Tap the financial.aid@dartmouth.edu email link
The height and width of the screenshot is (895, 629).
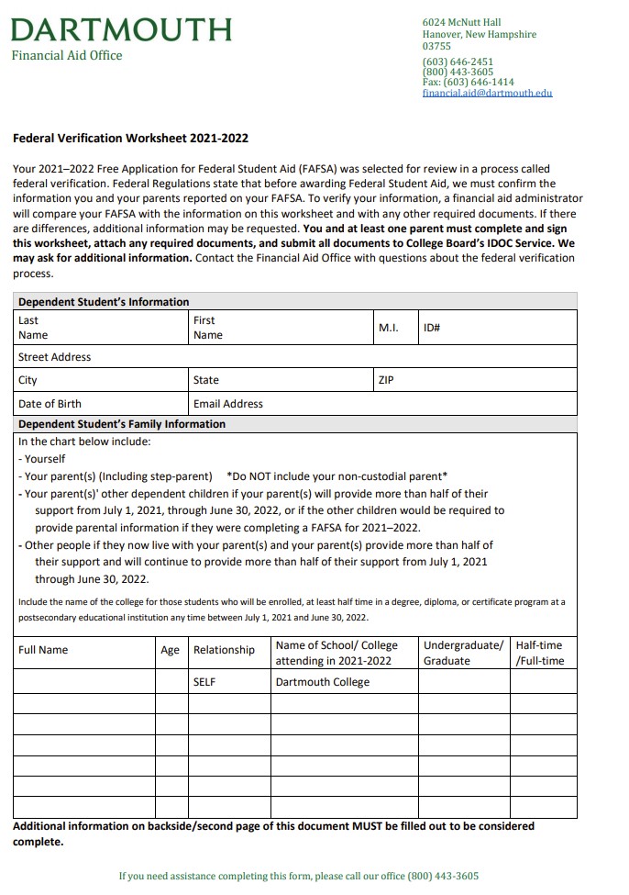tap(487, 93)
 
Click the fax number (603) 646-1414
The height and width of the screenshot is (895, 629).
tap(468, 82)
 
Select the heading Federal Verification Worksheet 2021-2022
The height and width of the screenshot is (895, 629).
tap(130, 139)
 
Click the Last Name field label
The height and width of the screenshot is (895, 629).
tap(32, 328)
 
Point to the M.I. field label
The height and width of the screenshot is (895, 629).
tap(388, 328)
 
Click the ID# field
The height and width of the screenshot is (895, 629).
tap(498, 328)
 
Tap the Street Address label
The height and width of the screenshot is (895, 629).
tap(55, 357)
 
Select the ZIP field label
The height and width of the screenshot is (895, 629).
tap(386, 380)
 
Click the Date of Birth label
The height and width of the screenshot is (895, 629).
tap(50, 404)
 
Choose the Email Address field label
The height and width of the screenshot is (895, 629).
tap(228, 404)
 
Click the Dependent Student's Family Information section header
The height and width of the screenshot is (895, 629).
tap(122, 424)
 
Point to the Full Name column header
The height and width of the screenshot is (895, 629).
tap(43, 650)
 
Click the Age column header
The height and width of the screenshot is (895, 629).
tap(171, 650)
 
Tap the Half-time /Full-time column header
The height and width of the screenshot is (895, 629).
tap(540, 653)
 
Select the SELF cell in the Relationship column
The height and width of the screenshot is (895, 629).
tap(204, 682)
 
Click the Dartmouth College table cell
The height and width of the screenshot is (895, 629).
tap(323, 682)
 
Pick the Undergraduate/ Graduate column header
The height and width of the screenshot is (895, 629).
tap(463, 653)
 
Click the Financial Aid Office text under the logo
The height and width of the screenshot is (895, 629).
tap(67, 55)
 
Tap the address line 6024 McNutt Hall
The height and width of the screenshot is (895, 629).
tap(461, 22)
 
